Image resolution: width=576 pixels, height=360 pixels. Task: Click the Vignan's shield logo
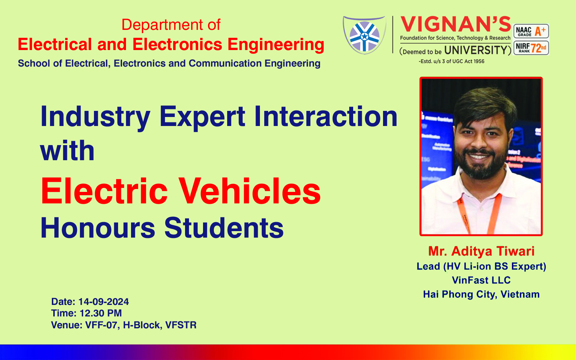click(364, 35)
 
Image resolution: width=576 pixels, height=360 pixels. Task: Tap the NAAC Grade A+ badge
click(531, 31)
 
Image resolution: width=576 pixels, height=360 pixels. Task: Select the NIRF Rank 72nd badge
click(531, 48)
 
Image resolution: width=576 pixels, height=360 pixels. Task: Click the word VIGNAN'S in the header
click(455, 24)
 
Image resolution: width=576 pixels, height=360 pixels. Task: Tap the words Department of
click(171, 25)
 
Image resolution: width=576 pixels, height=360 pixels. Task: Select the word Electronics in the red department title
click(177, 44)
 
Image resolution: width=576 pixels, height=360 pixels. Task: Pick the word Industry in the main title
click(95, 117)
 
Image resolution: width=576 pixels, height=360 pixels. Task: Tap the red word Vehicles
click(249, 191)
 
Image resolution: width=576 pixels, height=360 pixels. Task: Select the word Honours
click(98, 228)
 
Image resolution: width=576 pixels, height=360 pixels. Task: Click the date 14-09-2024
click(103, 302)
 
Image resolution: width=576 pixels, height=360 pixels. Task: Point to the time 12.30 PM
click(100, 313)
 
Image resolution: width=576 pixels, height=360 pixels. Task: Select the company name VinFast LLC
click(481, 280)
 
